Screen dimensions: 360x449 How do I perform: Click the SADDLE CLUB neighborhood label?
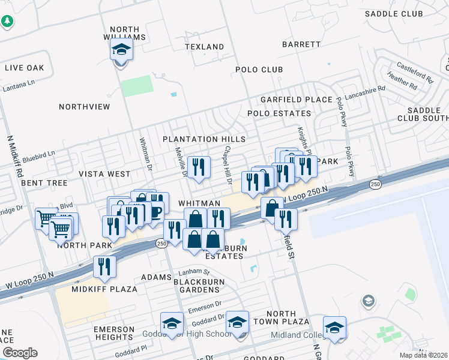pyautogui.click(x=394, y=14)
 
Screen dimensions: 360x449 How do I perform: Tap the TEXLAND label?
pyautogui.click(x=204, y=47)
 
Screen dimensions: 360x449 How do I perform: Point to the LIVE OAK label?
pyautogui.click(x=25, y=68)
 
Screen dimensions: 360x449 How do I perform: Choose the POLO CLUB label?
pyautogui.click(x=259, y=70)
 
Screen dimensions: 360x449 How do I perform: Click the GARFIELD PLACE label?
pyautogui.click(x=296, y=100)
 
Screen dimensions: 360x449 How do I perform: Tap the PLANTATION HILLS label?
pyautogui.click(x=205, y=139)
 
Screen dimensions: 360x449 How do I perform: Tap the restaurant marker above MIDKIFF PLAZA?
pyautogui.click(x=105, y=267)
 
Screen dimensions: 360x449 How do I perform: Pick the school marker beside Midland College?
pyautogui.click(x=334, y=328)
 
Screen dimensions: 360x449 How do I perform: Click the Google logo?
pyautogui.click(x=20, y=353)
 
